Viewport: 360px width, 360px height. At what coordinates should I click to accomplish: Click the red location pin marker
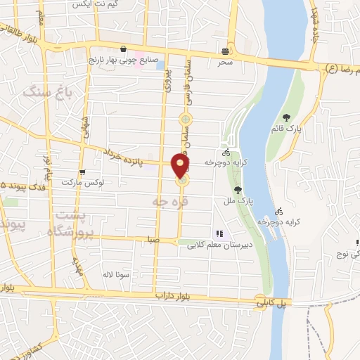coord(181,166)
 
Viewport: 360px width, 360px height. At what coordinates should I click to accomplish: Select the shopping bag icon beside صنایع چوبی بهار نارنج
coord(124,49)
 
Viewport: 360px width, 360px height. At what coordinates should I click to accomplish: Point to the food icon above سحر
coord(225,51)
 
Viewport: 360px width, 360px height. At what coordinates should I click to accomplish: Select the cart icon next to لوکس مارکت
coord(82,173)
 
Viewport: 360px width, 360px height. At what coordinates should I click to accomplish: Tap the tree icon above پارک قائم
coord(285,118)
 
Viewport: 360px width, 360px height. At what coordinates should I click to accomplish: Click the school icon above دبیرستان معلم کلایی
coord(219,233)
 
